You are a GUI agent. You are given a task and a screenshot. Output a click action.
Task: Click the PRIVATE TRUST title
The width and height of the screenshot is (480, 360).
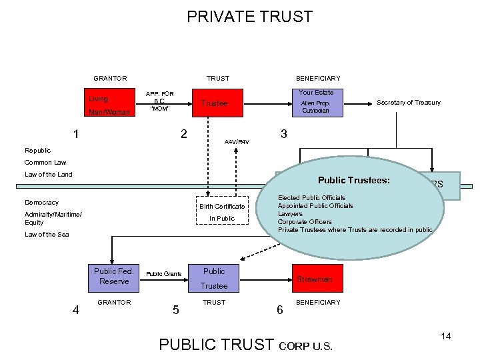(249, 17)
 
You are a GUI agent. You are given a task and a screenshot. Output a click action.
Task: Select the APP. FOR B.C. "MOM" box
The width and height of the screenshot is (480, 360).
(160, 102)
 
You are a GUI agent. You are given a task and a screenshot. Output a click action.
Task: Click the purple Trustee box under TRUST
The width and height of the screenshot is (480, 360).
(215, 103)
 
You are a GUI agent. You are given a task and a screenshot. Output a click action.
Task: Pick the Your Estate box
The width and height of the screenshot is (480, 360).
(316, 103)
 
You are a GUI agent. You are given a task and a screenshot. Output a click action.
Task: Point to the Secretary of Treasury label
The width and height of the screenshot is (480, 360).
(409, 103)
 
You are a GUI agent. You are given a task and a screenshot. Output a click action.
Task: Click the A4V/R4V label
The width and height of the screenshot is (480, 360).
(237, 142)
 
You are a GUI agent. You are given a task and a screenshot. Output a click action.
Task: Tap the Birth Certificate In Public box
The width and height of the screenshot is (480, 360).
(222, 212)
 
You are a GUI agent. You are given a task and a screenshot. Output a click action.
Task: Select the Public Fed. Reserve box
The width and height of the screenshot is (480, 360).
(114, 276)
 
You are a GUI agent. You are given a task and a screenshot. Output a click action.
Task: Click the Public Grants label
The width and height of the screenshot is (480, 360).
(164, 274)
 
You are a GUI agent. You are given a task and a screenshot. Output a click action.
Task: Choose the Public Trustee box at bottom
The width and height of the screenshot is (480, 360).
(215, 278)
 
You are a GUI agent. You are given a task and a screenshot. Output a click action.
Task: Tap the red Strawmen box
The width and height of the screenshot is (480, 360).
(315, 279)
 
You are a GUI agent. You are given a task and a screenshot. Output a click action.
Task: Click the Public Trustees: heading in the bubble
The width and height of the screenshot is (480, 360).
(353, 181)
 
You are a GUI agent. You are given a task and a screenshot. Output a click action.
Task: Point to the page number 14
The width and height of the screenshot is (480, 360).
(446, 336)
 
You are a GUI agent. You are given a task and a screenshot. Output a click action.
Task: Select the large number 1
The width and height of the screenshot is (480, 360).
(77, 134)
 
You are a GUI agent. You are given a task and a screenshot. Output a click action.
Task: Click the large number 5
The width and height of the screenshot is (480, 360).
(175, 309)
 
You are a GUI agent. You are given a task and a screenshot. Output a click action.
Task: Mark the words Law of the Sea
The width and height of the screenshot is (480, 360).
(47, 235)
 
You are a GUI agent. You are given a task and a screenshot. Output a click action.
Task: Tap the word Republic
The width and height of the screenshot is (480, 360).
(38, 151)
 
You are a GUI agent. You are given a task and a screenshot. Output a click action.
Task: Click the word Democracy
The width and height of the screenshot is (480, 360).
(41, 203)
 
